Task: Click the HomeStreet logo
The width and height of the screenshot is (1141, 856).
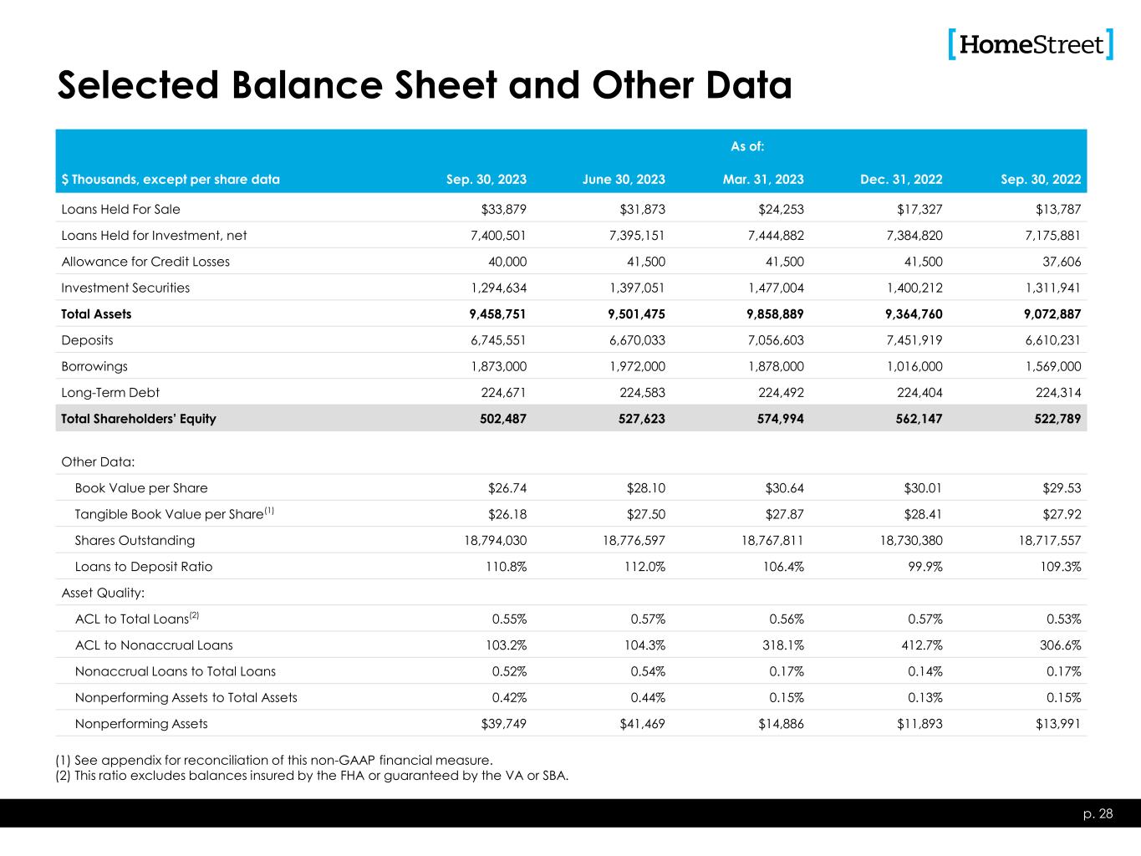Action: pos(1031,44)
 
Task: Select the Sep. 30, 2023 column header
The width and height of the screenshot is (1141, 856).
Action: pos(486,179)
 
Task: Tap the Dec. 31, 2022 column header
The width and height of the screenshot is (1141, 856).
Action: pos(901,179)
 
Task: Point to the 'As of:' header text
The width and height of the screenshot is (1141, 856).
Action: pos(747,147)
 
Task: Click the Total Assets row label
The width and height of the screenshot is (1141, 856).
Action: pos(96,314)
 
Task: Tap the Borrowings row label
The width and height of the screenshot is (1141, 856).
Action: pos(94,366)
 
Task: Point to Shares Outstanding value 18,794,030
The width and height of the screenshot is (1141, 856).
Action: pos(496,540)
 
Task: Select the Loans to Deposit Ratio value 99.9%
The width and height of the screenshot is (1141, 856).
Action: pos(922,567)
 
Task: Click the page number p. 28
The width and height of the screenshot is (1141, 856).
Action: pos(1099,814)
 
